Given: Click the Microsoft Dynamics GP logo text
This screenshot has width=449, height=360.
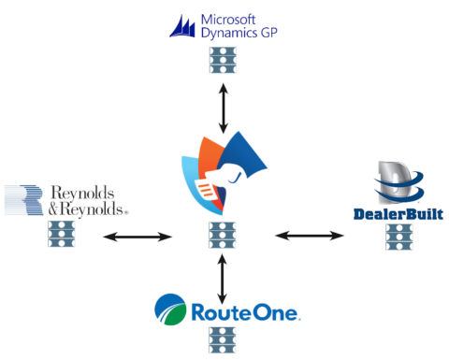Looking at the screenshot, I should pos(239,25).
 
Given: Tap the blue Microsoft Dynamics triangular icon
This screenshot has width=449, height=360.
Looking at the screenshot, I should pos(183,25).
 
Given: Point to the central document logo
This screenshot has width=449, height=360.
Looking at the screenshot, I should pos(223,174).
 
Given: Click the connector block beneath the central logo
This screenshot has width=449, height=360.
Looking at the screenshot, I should pos(222,236).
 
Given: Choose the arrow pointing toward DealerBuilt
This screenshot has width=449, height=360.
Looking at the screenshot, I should pos(310,237).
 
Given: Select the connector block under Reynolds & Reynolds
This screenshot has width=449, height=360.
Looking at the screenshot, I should pos(61,233).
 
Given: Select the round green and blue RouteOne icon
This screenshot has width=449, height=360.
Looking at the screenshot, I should pos(169,310).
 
